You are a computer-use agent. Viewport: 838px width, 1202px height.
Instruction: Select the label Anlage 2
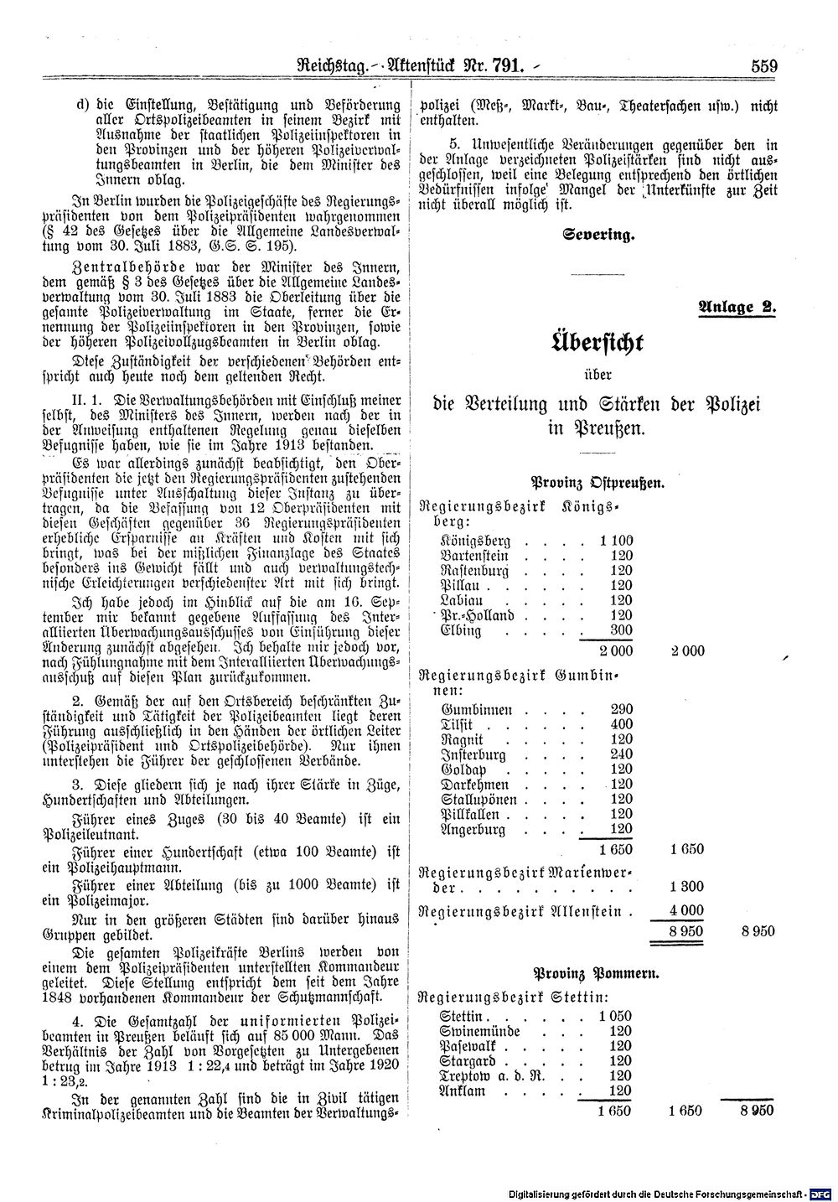click(737, 306)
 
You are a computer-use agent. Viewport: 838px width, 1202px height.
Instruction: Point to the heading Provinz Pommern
click(597, 974)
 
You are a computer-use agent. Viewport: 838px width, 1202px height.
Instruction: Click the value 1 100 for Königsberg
click(617, 541)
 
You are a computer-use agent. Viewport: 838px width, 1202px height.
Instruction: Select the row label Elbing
click(461, 630)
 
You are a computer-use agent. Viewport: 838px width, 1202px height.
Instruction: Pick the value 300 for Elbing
click(621, 630)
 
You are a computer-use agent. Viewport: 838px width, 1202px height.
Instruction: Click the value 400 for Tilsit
click(621, 723)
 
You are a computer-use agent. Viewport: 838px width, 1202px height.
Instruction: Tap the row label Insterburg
click(474, 754)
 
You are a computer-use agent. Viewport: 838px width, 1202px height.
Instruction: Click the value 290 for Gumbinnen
click(621, 708)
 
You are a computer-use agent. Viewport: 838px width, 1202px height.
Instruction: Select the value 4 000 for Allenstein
click(685, 911)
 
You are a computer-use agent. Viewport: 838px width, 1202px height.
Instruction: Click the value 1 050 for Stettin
click(615, 1016)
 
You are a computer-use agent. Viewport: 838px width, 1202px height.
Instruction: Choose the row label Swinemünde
click(480, 1031)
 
